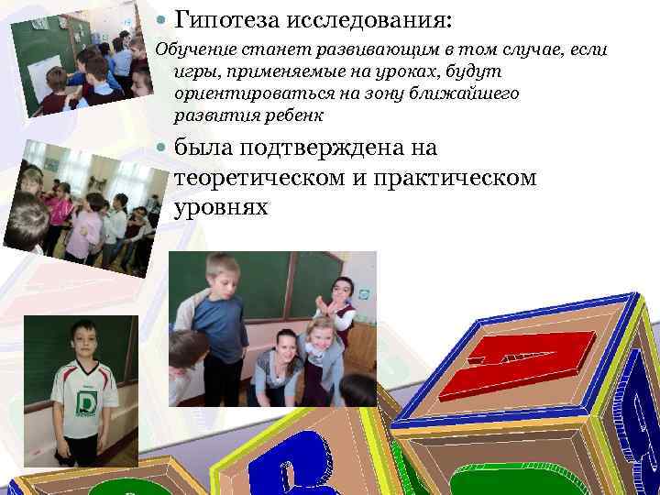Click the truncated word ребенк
(x=292, y=116)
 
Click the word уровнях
(x=220, y=207)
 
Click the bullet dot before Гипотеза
(x=160, y=18)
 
